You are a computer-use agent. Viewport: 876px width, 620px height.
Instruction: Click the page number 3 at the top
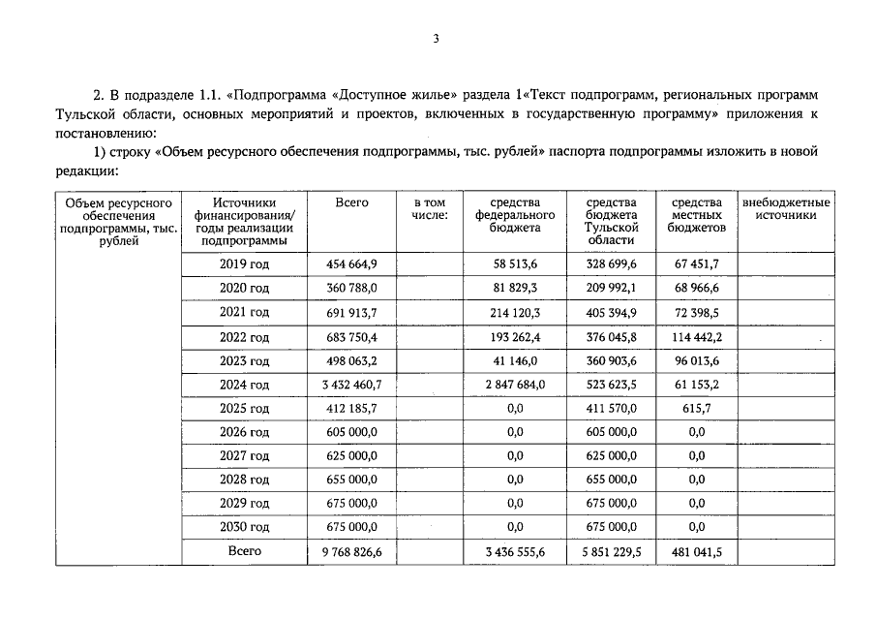point(437,39)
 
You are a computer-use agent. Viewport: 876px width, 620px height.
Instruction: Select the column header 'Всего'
point(351,202)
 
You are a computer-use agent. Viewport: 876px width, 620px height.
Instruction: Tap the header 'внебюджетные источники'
point(786,208)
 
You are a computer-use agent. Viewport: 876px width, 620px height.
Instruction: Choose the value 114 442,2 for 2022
point(696,336)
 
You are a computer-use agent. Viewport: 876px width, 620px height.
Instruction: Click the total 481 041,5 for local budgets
point(696,551)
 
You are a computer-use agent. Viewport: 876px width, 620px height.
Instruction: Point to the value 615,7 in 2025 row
point(696,408)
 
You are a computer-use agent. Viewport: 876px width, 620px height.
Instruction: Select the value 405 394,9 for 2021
point(611,312)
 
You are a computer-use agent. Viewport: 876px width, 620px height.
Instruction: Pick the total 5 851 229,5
point(611,551)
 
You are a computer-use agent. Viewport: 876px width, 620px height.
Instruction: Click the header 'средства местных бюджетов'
point(696,215)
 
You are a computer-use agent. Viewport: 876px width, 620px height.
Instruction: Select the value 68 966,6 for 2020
point(696,288)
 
